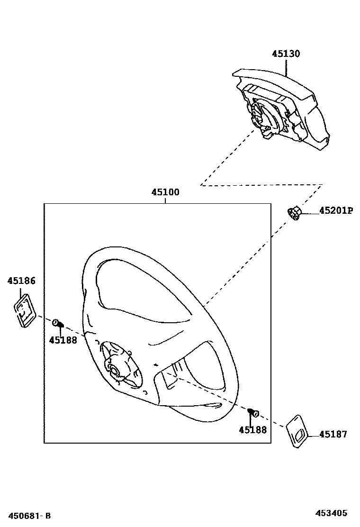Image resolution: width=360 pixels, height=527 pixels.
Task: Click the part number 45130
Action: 286,54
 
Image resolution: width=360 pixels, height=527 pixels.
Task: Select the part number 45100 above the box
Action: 165,192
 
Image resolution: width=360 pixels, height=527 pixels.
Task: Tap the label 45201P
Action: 336,211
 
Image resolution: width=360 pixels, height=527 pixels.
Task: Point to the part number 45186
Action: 21,281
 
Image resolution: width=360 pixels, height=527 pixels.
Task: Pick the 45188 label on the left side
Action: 63,340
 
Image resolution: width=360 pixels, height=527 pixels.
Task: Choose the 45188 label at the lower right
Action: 252,430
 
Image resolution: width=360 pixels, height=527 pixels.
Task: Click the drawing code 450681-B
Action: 28,515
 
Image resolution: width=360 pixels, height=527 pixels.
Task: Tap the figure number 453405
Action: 332,513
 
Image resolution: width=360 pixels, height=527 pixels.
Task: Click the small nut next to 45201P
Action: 294,213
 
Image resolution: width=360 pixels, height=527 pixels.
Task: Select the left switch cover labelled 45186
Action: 23,310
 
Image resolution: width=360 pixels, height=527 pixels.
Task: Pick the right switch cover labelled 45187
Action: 297,431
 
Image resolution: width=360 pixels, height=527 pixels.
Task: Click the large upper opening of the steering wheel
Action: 137,289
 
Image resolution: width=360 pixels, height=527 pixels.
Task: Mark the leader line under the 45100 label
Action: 165,200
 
